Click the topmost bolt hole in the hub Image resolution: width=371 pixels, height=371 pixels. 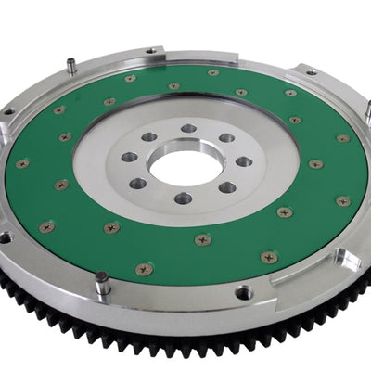(x=189, y=129)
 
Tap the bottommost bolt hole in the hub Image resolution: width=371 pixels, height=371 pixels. (x=183, y=198)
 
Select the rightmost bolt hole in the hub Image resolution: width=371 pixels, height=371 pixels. (x=244, y=161)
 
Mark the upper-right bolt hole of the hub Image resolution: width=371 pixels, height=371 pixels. (x=226, y=138)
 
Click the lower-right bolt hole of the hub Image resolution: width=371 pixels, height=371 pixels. (x=225, y=186)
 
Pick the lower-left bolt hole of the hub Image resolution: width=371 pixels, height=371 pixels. (x=139, y=183)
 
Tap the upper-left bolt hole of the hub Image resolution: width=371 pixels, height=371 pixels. (x=148, y=136)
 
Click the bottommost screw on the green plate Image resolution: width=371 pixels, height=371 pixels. (x=144, y=269)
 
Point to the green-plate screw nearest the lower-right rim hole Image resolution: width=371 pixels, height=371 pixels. (x=269, y=257)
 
